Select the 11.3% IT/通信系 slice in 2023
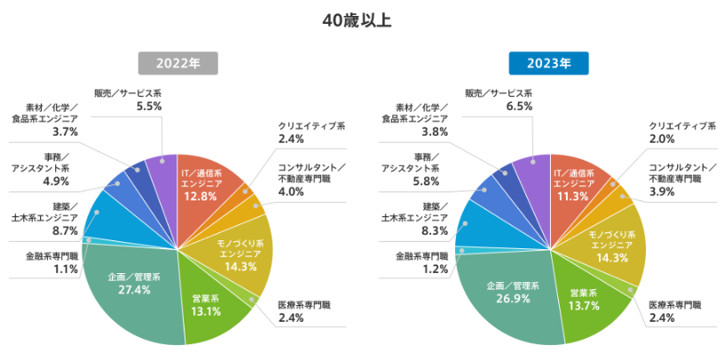tap(574, 182)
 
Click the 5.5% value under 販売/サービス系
tap(149, 106)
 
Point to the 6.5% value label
tap(519, 106)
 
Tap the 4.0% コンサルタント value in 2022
tap(291, 192)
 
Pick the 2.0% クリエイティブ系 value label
tap(661, 139)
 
